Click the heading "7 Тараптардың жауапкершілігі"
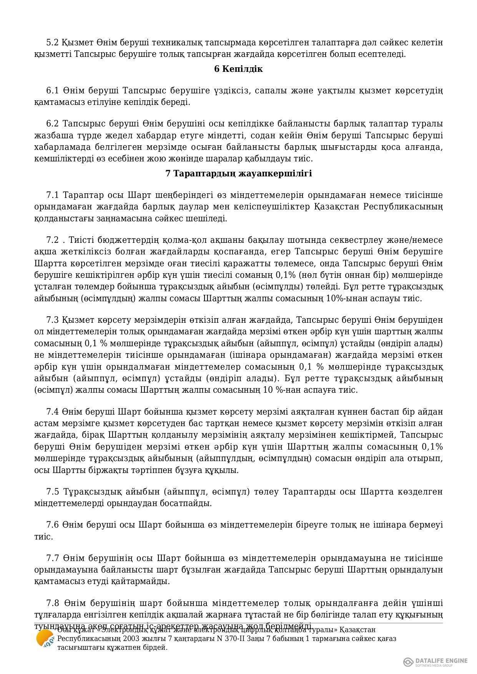click(x=238, y=174)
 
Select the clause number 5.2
click(x=52, y=42)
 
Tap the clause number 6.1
click(x=52, y=91)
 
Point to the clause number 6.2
click(x=52, y=124)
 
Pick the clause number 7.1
click(x=52, y=195)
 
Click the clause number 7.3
click(x=52, y=320)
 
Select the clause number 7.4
click(x=52, y=412)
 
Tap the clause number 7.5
click(x=52, y=492)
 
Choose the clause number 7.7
click(x=52, y=558)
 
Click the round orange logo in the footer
click(x=45, y=639)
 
